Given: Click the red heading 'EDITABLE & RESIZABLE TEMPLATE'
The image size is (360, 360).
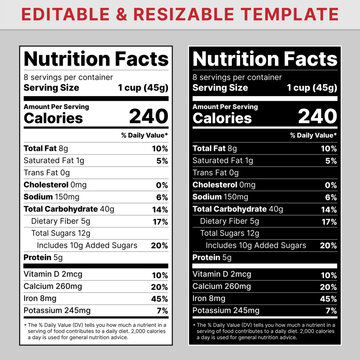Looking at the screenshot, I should pos(180,14).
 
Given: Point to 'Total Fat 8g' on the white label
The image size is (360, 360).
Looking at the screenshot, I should pos(46,148).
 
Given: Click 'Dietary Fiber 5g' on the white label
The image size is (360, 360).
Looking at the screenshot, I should pos(61,220).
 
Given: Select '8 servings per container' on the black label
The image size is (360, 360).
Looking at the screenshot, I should pos(230,76).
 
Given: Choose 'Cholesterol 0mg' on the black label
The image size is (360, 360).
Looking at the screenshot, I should pos(223,184).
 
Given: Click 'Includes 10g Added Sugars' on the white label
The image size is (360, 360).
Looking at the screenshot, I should pos(87,244).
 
